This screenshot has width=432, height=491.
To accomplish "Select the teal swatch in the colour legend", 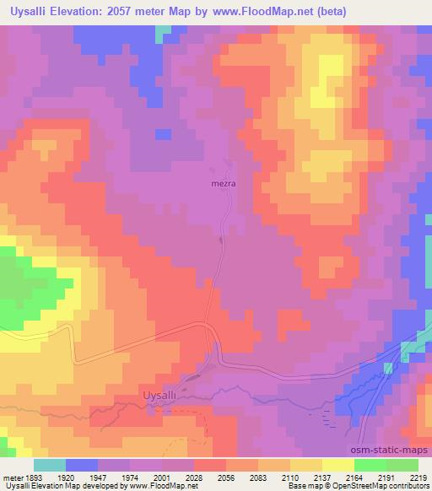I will point(50,464).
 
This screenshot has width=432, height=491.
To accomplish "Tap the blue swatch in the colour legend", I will point(82,464).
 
